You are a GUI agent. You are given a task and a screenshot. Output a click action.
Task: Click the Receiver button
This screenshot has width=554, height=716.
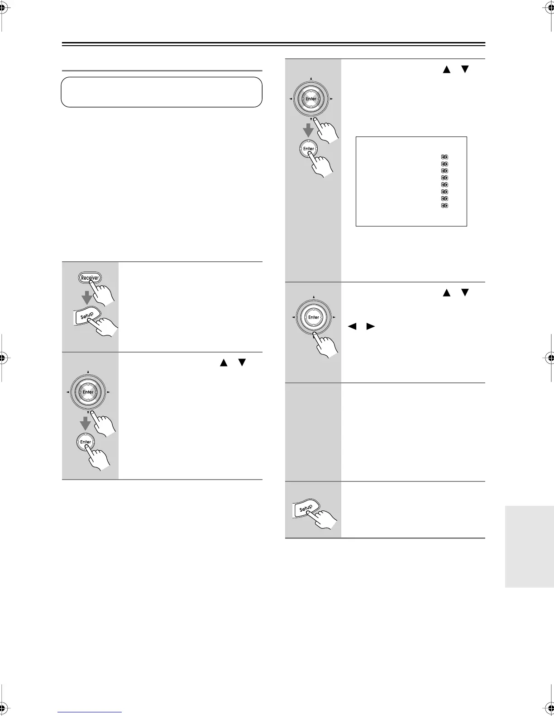click(x=90, y=278)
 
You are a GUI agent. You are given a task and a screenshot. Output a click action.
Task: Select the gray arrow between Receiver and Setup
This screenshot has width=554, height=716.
click(x=87, y=297)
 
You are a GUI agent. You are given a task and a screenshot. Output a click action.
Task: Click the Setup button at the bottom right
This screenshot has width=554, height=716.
click(x=306, y=509)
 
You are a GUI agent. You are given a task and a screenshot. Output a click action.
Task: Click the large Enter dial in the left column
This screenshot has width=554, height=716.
click(x=88, y=392)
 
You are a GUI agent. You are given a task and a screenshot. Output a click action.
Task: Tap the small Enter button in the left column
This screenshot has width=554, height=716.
click(x=86, y=442)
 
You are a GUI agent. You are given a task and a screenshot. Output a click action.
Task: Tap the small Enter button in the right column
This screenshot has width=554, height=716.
click(x=309, y=149)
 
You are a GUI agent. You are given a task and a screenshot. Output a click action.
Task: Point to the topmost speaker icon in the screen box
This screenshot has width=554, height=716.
click(x=444, y=157)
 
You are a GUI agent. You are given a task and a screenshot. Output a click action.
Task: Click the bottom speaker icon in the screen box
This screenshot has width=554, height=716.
click(x=444, y=206)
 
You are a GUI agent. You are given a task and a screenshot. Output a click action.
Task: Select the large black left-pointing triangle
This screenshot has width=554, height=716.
click(x=352, y=326)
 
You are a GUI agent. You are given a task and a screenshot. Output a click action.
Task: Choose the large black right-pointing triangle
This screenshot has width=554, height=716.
click(x=371, y=326)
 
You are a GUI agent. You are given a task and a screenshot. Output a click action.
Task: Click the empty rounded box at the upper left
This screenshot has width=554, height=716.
click(x=162, y=92)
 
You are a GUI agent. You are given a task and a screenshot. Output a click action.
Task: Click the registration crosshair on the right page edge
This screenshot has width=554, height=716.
click(x=551, y=358)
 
